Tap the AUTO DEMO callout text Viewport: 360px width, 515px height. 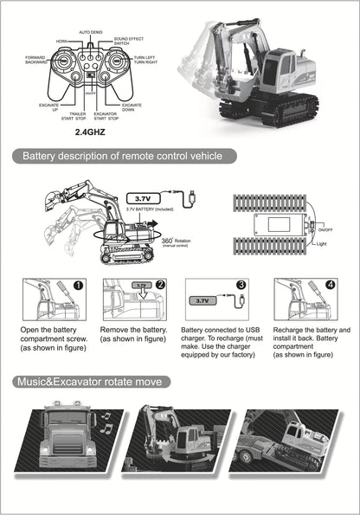click(92, 32)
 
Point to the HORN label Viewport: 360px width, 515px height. click(63, 41)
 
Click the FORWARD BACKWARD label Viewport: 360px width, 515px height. click(36, 61)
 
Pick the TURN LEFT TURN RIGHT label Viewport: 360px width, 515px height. click(145, 61)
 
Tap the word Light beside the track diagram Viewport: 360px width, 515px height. click(322, 245)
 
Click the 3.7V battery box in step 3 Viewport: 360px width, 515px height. click(202, 301)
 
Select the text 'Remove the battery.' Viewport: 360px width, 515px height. click(133, 331)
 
